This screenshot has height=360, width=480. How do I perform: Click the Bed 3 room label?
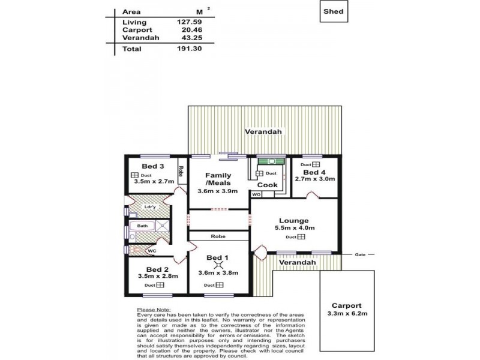(x=153, y=166)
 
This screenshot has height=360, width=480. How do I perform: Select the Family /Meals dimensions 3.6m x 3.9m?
(x=218, y=191)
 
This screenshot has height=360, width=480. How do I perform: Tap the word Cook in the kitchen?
(x=267, y=185)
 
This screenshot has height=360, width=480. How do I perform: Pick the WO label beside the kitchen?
(x=256, y=194)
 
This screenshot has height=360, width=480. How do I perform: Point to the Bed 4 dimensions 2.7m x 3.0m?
(x=316, y=179)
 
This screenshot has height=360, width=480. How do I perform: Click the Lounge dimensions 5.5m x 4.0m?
(x=293, y=229)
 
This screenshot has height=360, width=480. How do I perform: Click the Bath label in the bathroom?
(x=142, y=226)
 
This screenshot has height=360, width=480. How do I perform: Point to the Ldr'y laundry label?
(x=150, y=208)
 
